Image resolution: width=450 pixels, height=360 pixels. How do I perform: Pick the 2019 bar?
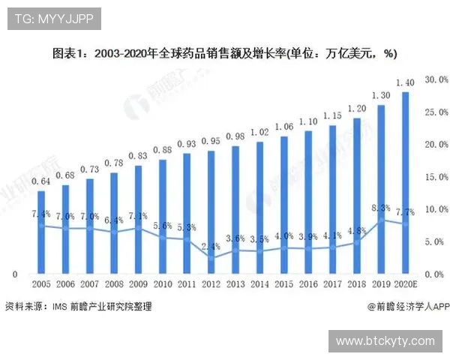[x=382, y=188]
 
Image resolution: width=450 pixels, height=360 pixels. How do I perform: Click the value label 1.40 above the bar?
[x=406, y=82]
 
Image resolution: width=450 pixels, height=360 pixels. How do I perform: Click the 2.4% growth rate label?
[x=211, y=246]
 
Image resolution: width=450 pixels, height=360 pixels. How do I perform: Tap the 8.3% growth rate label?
[x=381, y=208]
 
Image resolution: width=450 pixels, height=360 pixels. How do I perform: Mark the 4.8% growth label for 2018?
[x=357, y=231]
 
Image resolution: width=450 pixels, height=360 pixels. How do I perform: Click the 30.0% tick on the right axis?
[x=436, y=79]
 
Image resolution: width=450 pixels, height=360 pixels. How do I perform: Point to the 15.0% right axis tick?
[x=436, y=177]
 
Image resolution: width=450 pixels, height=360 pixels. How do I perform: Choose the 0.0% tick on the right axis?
[x=436, y=275]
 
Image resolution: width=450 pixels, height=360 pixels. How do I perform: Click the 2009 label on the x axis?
[x=139, y=286]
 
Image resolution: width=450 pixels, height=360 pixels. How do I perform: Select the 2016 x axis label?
[x=309, y=286]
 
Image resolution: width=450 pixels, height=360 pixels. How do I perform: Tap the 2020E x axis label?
[x=406, y=286]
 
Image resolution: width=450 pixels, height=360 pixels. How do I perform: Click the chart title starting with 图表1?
[x=224, y=54]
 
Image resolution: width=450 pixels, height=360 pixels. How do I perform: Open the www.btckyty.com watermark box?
[x=385, y=340]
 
